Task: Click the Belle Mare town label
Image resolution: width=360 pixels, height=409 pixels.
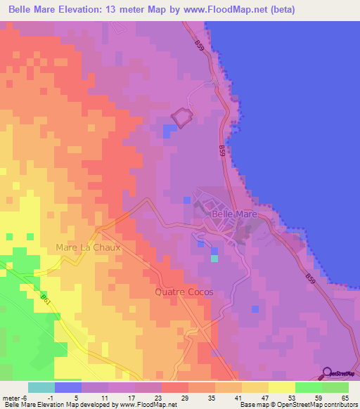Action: tap(235, 213)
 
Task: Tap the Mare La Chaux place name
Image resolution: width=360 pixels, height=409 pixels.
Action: tap(89, 248)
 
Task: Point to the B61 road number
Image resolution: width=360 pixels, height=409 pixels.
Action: tap(46, 301)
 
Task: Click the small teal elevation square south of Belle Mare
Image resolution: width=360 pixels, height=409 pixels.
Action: tap(214, 258)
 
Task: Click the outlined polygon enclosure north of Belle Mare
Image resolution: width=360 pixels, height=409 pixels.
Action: tap(182, 117)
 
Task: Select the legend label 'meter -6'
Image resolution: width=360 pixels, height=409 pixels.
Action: tap(14, 397)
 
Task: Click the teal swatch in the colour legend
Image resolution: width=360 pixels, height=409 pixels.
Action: tap(41, 387)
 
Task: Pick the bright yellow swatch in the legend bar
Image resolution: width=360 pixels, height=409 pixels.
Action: tap(282, 387)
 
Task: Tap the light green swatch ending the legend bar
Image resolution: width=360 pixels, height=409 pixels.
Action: tap(335, 387)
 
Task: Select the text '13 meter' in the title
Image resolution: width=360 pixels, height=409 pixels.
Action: tap(115, 10)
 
